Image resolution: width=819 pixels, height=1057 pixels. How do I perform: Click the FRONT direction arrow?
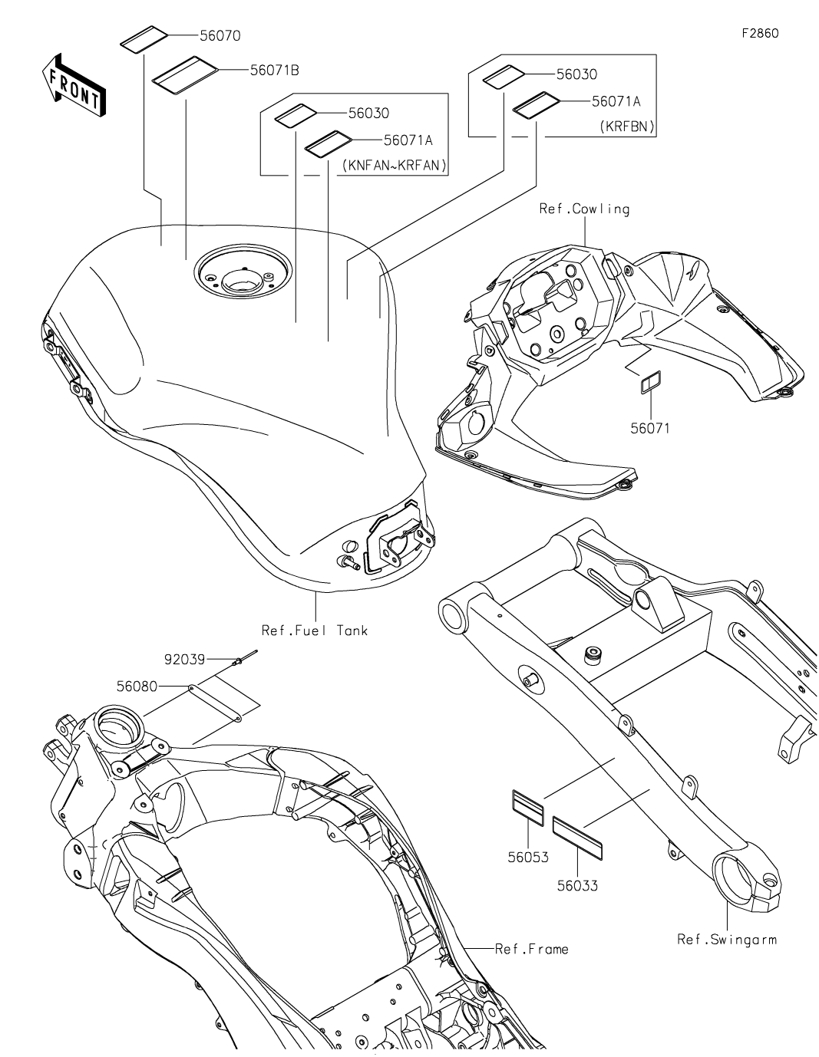(74, 87)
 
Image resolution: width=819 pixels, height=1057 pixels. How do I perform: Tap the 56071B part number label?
(274, 70)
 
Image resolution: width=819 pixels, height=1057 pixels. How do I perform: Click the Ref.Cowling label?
(584, 209)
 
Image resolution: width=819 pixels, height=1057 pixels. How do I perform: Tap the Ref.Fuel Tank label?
(315, 631)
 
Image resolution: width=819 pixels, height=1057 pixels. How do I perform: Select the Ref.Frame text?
(531, 950)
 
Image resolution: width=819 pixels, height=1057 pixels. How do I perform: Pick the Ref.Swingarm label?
(726, 939)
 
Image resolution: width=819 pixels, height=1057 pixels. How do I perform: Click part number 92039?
(185, 658)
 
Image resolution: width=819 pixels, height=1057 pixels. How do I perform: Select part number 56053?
(527, 857)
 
